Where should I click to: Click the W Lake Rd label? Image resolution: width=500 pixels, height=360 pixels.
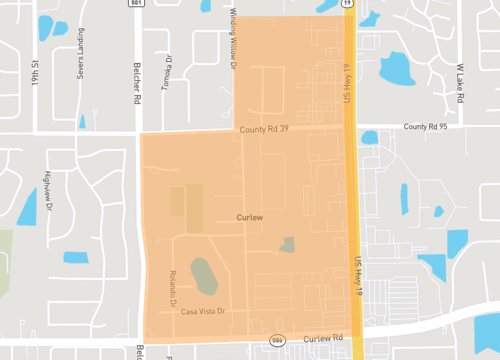pyautogui.click(x=462, y=83)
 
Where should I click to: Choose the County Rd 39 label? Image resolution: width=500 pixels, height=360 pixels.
pyautogui.click(x=265, y=129)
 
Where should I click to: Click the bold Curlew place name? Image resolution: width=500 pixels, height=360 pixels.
pyautogui.click(x=249, y=216)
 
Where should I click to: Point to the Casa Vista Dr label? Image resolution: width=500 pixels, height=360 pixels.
pyautogui.click(x=204, y=312)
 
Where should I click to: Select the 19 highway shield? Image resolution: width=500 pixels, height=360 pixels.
pyautogui.click(x=346, y=3)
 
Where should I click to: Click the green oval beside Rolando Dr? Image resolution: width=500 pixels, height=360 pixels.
pyautogui.click(x=203, y=276)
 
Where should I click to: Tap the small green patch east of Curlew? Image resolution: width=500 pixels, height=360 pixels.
pyautogui.click(x=288, y=244)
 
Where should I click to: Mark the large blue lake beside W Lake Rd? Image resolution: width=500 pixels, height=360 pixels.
pyautogui.click(x=397, y=67)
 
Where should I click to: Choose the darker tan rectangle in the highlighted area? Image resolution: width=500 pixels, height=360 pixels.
pyautogui.click(x=186, y=206)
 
